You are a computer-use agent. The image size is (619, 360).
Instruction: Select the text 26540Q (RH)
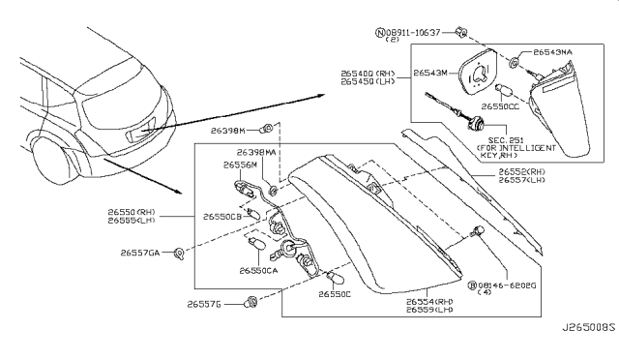(x=368, y=72)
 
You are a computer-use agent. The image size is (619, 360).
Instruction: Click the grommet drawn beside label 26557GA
(x=180, y=254)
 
